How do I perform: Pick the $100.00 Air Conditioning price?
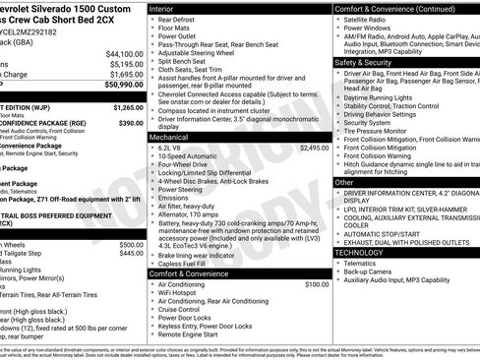[x=317, y=284]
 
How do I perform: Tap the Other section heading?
[x=344, y=182]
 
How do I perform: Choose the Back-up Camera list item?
[x=374, y=274]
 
